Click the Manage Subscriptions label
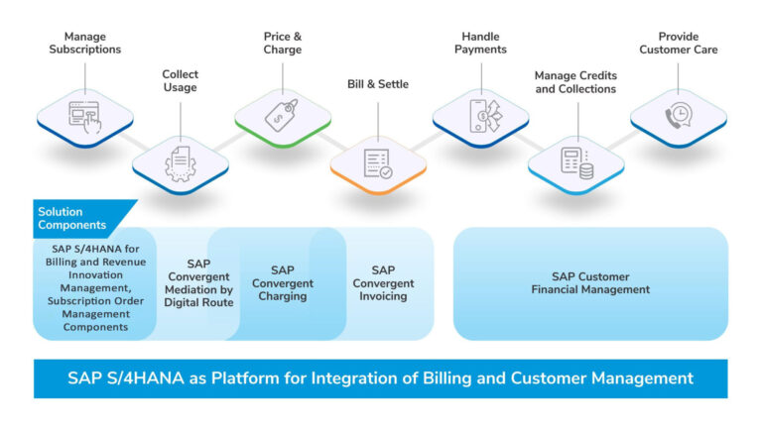pyautogui.click(x=84, y=42)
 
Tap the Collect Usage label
pyautogui.click(x=180, y=81)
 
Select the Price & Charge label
pyautogui.click(x=283, y=42)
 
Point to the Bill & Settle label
pyautogui.click(x=379, y=84)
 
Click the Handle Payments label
pyautogui.click(x=480, y=42)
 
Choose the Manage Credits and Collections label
pyautogui.click(x=574, y=82)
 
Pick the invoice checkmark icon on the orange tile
pyautogui.click(x=378, y=162)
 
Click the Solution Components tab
pyautogui.click(x=74, y=218)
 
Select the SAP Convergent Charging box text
pyautogui.click(x=283, y=282)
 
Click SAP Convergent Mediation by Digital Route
pyautogui.click(x=198, y=282)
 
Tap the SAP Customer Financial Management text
pyautogui.click(x=590, y=282)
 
